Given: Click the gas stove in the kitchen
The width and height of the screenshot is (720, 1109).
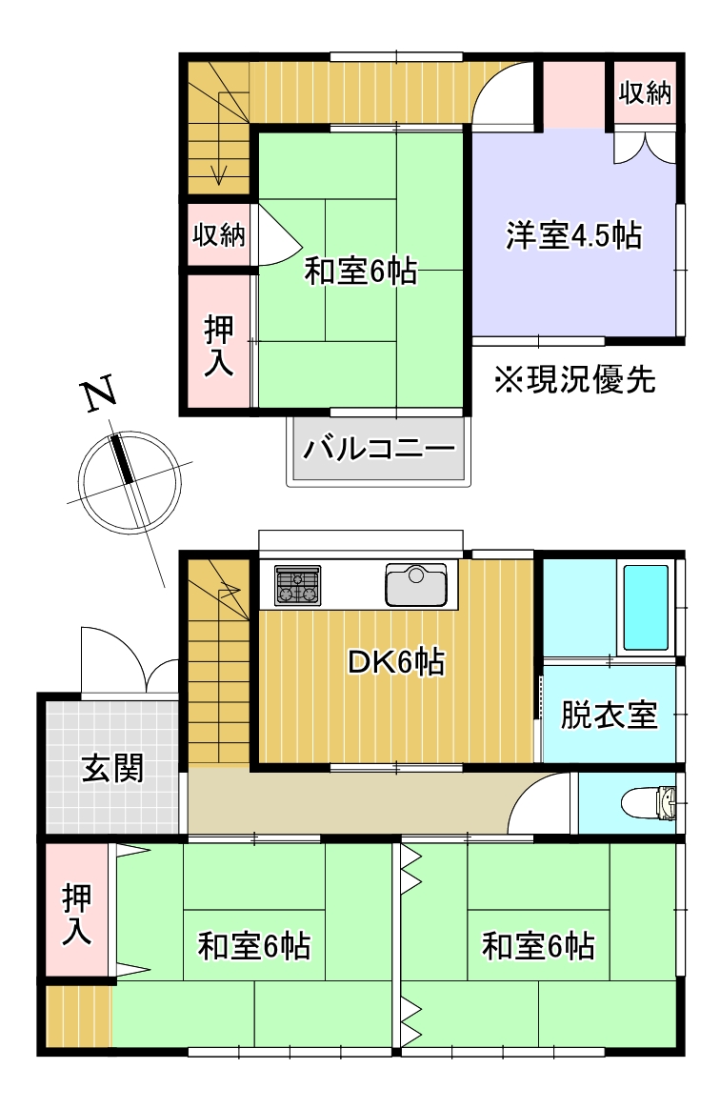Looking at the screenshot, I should click(x=298, y=585).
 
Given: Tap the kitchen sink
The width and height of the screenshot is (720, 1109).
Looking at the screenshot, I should click(x=415, y=584).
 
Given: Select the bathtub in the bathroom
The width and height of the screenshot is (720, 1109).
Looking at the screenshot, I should click(x=645, y=607).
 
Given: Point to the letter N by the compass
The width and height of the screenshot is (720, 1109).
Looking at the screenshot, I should click(x=98, y=395).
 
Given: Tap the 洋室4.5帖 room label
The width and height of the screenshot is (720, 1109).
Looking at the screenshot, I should click(x=572, y=235).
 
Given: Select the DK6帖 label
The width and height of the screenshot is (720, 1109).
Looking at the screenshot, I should click(x=395, y=662).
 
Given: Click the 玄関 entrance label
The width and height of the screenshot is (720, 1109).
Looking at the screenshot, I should click(x=111, y=767).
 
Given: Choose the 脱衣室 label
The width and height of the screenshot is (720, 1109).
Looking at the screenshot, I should click(x=609, y=715).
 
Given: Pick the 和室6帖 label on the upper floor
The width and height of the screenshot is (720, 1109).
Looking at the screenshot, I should click(x=360, y=272).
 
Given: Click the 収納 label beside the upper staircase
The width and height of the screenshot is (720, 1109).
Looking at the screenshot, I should click(x=220, y=234).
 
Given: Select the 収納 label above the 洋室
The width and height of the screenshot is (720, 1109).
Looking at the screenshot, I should click(x=645, y=93).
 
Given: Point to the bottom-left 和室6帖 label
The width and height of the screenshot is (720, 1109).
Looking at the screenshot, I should click(x=254, y=947).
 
